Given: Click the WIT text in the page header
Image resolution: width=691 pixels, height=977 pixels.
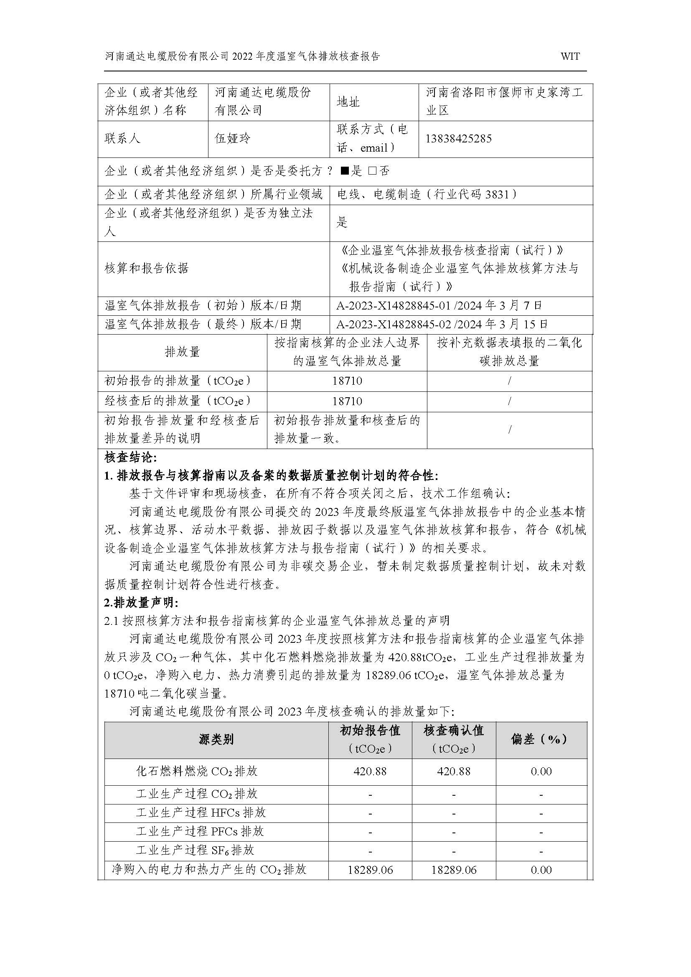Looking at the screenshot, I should [570, 56].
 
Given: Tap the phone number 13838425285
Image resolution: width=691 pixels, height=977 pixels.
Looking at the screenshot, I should [458, 139].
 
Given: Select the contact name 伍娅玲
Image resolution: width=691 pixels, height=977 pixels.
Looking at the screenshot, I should [233, 139].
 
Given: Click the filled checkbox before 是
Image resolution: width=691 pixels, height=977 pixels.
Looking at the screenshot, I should [345, 172].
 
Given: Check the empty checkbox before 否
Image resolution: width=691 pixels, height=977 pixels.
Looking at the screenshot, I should [372, 172].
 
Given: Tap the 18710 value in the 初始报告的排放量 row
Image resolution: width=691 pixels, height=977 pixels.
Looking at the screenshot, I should [347, 381].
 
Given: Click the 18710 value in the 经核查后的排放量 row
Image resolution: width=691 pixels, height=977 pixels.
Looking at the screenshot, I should [347, 401].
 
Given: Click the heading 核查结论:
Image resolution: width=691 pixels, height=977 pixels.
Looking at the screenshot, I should [131, 458].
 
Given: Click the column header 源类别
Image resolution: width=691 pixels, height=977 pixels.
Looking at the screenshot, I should [216, 740].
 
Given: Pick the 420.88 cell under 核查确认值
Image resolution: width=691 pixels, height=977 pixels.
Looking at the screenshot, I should [454, 771].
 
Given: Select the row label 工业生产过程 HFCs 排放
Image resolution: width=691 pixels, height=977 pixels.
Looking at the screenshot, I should [201, 812].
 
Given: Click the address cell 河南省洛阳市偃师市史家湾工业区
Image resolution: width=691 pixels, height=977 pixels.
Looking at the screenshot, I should [505, 102].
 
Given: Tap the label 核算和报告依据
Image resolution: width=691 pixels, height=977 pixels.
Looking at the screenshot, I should [146, 269].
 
